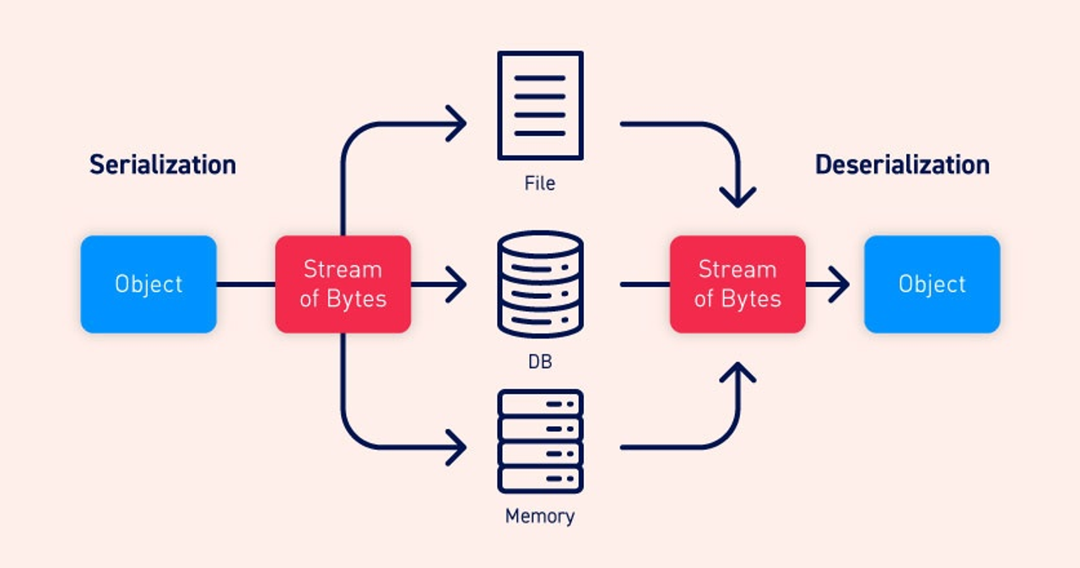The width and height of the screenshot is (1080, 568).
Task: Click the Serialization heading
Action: coord(162,165)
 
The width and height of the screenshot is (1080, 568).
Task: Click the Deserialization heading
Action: coord(902,165)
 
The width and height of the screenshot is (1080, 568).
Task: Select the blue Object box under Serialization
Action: coord(148,284)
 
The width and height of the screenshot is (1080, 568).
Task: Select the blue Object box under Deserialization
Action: coord(931,284)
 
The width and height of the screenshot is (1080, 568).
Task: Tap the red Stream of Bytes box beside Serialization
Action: coord(343,284)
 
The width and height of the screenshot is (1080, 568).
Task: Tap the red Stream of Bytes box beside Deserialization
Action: coord(737,284)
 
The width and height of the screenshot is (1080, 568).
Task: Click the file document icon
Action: coord(540,105)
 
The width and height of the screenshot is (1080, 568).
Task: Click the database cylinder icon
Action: coord(540,284)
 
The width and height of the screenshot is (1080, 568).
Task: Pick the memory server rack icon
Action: coord(540,441)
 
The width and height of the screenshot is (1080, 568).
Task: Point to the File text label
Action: coord(540,183)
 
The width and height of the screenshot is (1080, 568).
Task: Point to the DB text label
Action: coord(540,361)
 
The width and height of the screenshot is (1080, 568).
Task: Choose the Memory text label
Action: coord(540,516)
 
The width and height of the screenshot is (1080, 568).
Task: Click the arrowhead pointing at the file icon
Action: coord(457,124)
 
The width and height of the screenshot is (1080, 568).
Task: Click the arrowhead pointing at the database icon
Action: coord(457,284)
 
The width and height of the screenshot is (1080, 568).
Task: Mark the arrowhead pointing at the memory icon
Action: coord(457,446)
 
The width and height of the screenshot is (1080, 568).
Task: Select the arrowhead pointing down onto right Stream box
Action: coord(738,199)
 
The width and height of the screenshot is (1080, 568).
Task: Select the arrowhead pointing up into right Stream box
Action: coord(738,371)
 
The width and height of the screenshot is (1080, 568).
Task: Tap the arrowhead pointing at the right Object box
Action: coord(840,284)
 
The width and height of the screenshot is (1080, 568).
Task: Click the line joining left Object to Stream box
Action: coord(246,284)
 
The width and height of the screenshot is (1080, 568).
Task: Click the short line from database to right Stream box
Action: coord(645,284)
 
